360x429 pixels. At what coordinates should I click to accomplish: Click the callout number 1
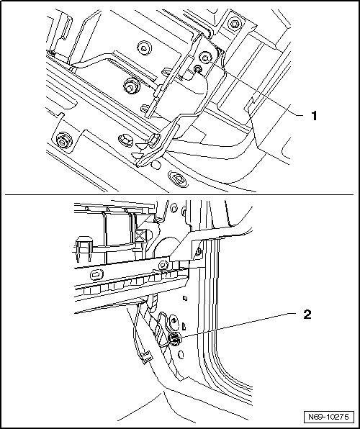click(314, 116)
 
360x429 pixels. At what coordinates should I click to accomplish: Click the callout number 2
click(307, 315)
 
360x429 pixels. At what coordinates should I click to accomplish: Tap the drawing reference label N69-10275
click(328, 417)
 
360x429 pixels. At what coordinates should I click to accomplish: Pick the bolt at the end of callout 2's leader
click(174, 339)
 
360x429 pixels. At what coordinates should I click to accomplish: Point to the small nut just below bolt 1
click(197, 69)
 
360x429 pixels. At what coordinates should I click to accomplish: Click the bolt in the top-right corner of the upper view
click(234, 23)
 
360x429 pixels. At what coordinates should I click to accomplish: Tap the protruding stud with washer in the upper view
click(130, 86)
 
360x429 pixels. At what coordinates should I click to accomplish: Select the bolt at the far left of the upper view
click(63, 140)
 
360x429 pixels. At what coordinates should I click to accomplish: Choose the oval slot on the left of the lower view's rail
click(96, 274)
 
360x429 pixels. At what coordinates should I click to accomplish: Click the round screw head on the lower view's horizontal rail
click(163, 265)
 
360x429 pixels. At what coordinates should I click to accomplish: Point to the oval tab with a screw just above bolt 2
click(174, 322)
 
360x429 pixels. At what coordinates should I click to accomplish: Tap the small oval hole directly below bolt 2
click(181, 355)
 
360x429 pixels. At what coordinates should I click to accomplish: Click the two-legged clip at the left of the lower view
click(84, 249)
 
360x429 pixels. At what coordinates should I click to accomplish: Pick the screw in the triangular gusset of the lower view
click(199, 250)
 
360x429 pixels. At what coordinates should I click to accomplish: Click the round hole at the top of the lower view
click(174, 208)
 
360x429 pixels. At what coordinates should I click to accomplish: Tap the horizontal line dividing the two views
click(179, 194)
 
